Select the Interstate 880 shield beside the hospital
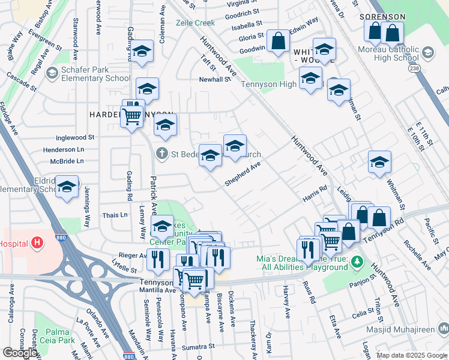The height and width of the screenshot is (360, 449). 61,238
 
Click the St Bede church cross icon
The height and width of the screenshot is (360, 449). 161,154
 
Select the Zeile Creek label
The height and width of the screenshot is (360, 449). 195,23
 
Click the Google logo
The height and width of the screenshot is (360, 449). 19,353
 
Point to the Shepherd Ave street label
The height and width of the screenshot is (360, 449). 243,173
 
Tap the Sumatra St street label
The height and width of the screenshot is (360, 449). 198,347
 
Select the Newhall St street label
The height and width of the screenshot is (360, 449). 215,79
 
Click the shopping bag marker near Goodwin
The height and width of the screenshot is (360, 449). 278,42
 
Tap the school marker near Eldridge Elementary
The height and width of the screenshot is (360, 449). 67,185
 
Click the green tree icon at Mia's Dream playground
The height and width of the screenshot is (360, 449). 358,262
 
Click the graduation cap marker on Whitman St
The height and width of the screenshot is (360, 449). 379,162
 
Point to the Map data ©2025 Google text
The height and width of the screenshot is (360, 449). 412,355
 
